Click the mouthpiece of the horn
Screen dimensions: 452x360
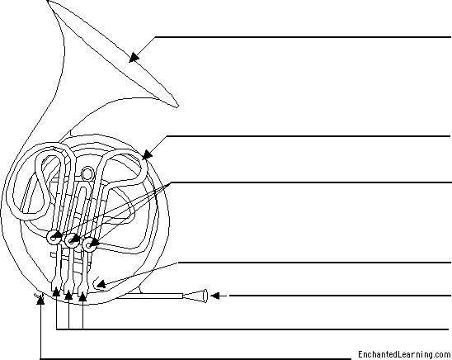click(195, 296)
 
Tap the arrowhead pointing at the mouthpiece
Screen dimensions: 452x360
click(215, 296)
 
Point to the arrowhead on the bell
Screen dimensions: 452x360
click(134, 57)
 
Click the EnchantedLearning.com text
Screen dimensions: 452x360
click(404, 354)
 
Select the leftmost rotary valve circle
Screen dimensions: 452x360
click(54, 238)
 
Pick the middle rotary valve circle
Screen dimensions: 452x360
click(72, 240)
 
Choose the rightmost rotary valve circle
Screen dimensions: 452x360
click(89, 245)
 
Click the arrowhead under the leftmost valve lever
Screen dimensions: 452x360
click(56, 291)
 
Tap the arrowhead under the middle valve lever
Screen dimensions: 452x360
click(68, 295)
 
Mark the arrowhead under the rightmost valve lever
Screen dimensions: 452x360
click(82, 296)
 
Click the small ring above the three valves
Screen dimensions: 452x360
click(87, 173)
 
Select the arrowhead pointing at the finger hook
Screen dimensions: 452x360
click(101, 285)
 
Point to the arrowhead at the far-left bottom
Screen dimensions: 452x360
click(41, 300)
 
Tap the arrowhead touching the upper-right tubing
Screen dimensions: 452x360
click(147, 155)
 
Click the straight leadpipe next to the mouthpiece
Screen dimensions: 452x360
click(150, 296)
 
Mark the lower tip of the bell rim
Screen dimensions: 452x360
click(177, 107)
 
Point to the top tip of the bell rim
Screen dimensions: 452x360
click(48, 1)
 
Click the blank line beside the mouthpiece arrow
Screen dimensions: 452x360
click(340, 296)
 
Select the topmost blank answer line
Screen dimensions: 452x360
click(303, 37)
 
